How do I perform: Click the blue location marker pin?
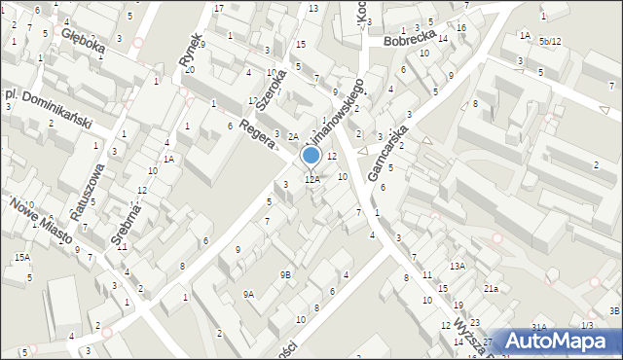pos(311,156)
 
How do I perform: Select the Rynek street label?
pos(190,51)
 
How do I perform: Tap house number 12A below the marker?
pos(311,179)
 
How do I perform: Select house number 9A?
pos(248,294)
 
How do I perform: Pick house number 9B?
pos(285,275)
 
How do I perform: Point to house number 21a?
pos(492,289)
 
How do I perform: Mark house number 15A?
pos(21,257)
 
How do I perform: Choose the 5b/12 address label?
pos(550,42)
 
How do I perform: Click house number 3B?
pos(614,310)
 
